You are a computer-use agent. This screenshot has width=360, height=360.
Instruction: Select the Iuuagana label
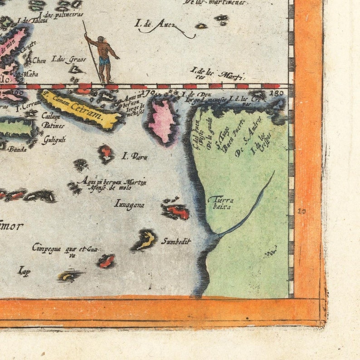(x=130, y=204)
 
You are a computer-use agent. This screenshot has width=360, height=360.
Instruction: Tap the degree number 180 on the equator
(x=279, y=93)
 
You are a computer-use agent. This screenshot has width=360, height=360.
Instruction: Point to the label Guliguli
(x=54, y=140)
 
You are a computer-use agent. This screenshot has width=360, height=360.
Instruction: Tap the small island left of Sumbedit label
(x=146, y=239)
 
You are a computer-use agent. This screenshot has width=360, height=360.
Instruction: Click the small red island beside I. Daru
(x=106, y=153)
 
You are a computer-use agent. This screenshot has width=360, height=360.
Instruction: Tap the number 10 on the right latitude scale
(x=302, y=211)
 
